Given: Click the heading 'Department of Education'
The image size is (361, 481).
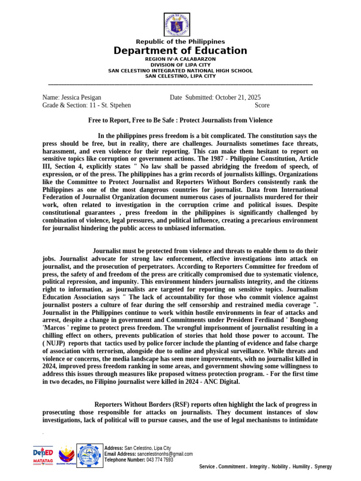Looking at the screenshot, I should [180, 51].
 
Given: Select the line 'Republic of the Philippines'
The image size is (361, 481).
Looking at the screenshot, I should [180, 42].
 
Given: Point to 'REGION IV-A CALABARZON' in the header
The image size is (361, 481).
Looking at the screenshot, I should [180, 59].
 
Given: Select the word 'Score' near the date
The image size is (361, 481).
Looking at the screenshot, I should [262, 105].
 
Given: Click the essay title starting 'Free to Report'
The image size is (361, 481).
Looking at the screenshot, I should [180, 120].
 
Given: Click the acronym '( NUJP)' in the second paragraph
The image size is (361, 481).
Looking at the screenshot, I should [55, 343].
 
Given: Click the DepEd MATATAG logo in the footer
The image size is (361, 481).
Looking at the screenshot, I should [43, 456].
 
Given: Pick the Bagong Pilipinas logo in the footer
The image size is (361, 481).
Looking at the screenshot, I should [65, 456].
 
